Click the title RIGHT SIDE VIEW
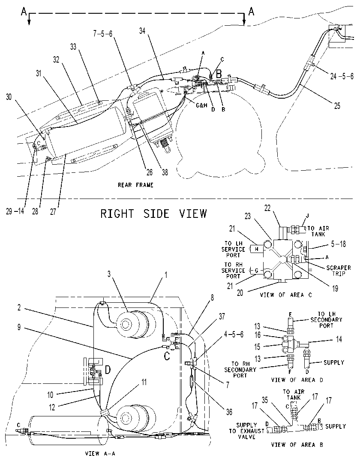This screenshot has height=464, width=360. [x=153, y=214]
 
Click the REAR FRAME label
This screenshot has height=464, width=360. [x=135, y=185]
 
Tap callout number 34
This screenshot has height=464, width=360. [x=143, y=30]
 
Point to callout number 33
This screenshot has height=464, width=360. [x=73, y=46]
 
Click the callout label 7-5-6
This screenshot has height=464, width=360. [x=103, y=34]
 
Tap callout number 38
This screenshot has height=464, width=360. [x=165, y=172]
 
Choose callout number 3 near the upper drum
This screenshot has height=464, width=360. [x=109, y=274]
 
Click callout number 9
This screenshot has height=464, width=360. [x=19, y=328]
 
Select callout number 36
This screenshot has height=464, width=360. [x=229, y=412]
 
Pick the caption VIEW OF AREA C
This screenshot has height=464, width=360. [x=286, y=295]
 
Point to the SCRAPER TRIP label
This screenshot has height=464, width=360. [x=339, y=271]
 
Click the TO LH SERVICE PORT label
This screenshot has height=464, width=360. [x=233, y=249]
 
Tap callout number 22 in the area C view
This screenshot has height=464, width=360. [x=267, y=208]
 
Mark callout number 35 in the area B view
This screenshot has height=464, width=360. [x=265, y=400]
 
